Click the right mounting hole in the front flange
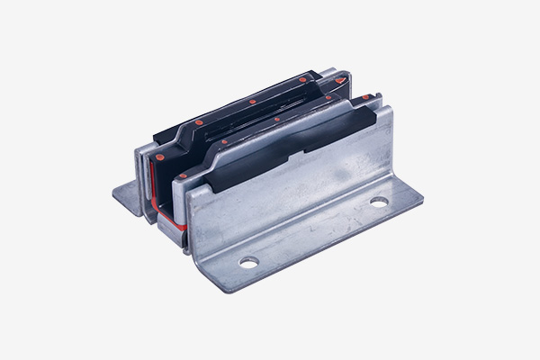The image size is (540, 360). tap(378, 202)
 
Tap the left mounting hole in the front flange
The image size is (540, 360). tap(248, 262)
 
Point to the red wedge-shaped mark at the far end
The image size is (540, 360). tap(340, 80)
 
